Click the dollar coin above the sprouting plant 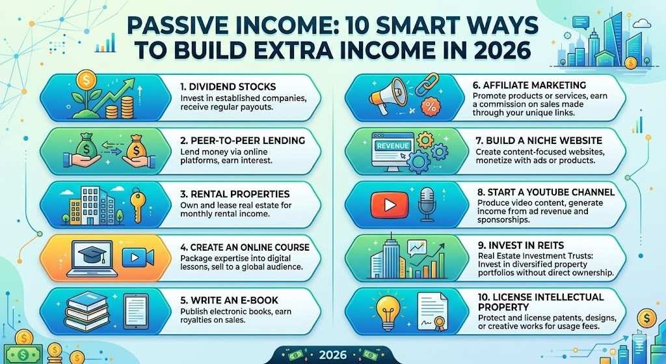[x=87, y=81]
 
